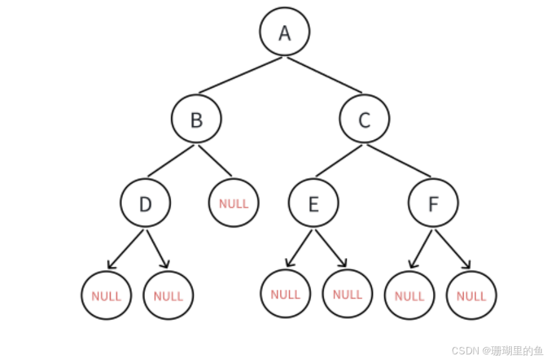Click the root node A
284,32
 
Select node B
197,119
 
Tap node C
364,119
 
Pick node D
145,204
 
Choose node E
314,204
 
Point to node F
433,204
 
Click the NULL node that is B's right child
234,204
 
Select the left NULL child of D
106,296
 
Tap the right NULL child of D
168,296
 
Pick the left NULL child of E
285,294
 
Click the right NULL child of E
347,294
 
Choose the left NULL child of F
409,296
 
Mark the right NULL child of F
472,296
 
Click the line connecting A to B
240,76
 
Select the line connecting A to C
325,75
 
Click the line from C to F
400,161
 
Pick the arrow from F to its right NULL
452,249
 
